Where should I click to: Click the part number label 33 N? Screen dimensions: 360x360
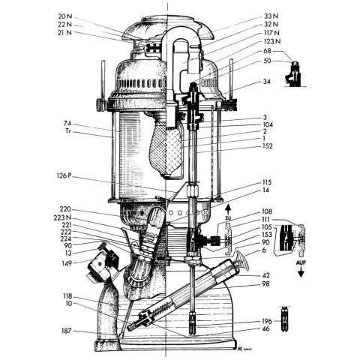[x=271, y=16]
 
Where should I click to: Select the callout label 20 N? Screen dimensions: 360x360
[x=65, y=16]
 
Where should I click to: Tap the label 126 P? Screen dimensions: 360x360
[x=64, y=175]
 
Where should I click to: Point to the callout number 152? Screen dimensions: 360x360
[x=267, y=146]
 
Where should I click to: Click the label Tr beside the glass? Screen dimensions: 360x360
[x=68, y=131]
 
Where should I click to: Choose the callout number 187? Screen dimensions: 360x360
[x=67, y=331]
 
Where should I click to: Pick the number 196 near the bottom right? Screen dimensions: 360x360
[x=267, y=321]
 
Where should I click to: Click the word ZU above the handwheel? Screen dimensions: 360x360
[x=228, y=218]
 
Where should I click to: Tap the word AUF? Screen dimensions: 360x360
[x=301, y=263]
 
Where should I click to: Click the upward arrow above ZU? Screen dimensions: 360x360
[x=228, y=209]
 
